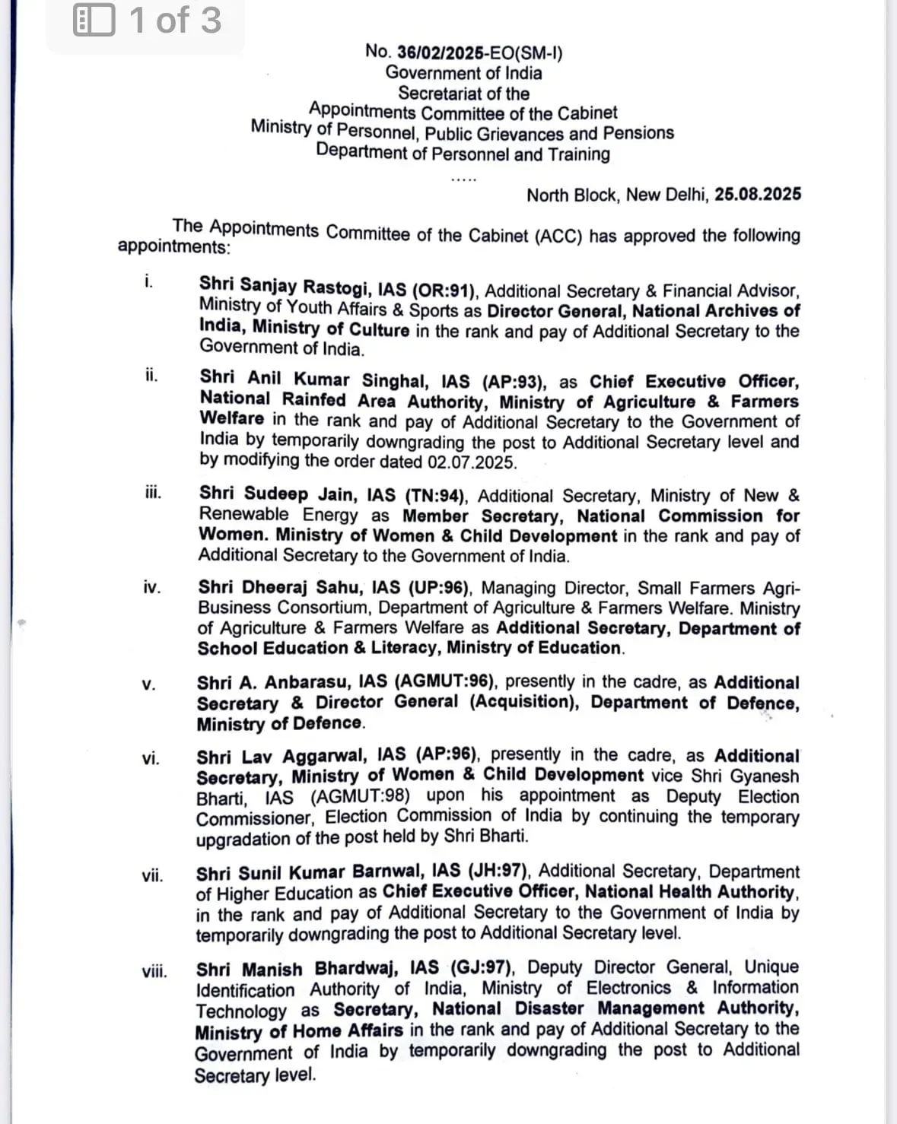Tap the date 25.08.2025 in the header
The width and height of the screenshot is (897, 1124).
pyautogui.click(x=758, y=194)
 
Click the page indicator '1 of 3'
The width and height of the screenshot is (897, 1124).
pyautogui.click(x=175, y=21)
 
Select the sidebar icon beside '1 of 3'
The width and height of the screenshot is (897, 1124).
pyautogui.click(x=94, y=21)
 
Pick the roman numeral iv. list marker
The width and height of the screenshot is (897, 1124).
pyautogui.click(x=151, y=587)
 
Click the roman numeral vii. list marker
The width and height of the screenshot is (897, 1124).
pyautogui.click(x=152, y=875)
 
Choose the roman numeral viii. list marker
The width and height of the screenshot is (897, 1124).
pyautogui.click(x=154, y=971)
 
